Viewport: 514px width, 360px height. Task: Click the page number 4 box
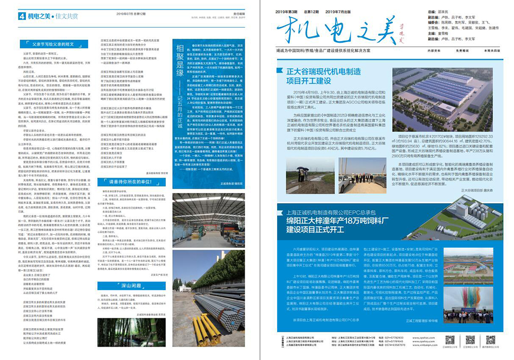22,16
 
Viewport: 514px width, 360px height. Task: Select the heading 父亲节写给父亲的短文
53,44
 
